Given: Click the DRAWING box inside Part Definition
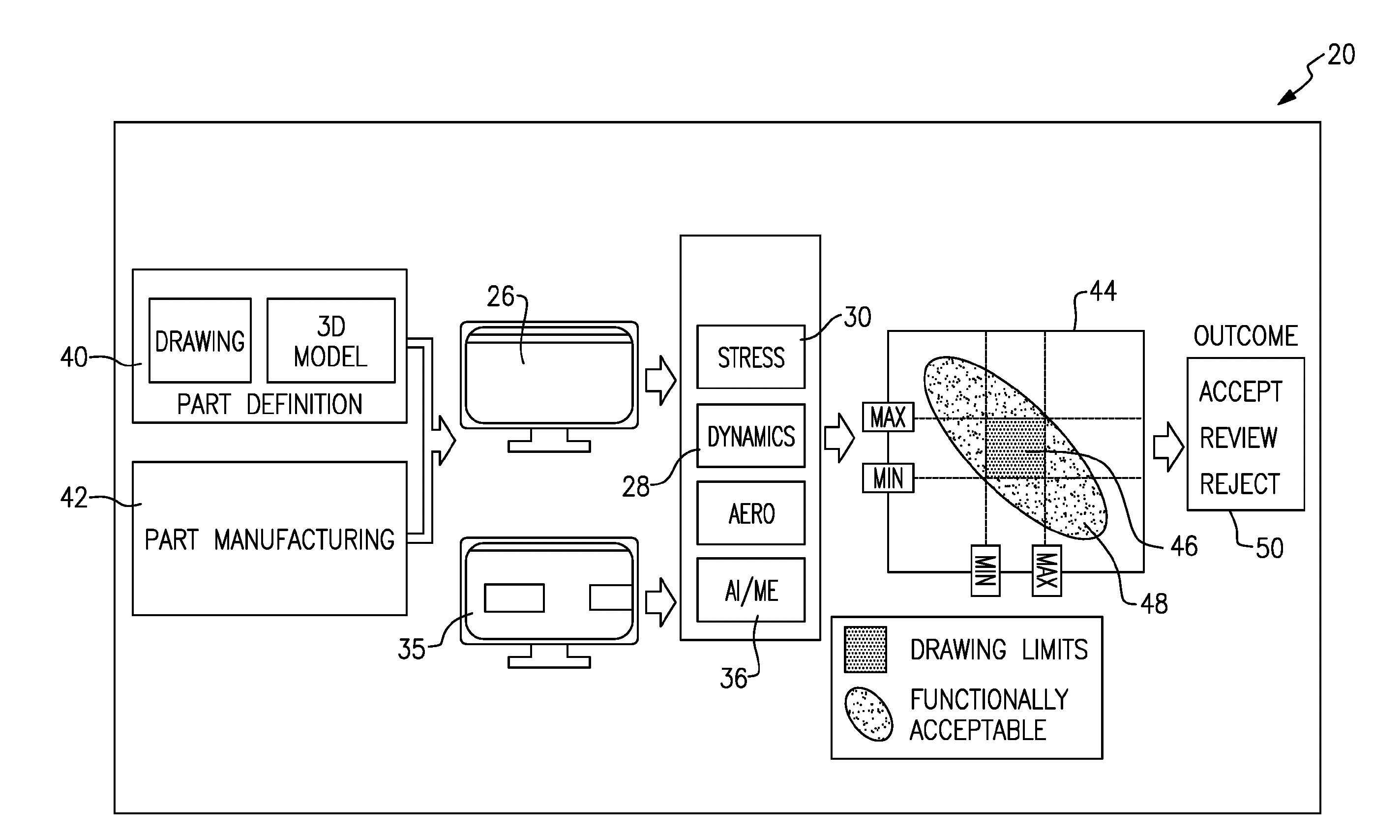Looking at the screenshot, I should (200, 340).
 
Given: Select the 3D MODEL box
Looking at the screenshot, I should (331, 340).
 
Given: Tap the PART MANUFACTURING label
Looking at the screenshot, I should (269, 539).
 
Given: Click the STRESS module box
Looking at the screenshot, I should (750, 357).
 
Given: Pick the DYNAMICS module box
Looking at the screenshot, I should (750, 436).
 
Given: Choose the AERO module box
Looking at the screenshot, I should (750, 513).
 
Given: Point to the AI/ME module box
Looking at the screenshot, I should (750, 590).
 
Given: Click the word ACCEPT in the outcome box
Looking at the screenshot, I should (1240, 391).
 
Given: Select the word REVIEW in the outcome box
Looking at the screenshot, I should (1238, 438).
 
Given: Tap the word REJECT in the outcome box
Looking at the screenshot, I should (1239, 483).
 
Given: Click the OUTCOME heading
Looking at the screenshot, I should (1246, 336).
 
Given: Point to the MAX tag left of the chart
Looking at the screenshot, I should (888, 417).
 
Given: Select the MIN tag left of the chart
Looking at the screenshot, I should (888, 478).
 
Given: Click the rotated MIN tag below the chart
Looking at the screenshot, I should (985, 570).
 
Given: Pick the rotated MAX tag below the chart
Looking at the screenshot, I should (1046, 570).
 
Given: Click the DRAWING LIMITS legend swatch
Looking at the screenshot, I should (865, 650).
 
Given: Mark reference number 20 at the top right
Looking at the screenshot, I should (1341, 55).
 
